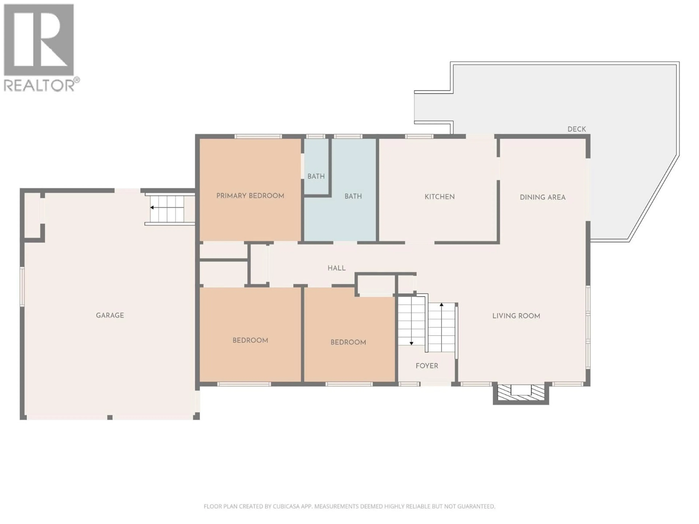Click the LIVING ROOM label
pos(516,316)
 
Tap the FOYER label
pos(427,366)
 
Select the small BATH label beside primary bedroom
pos(316,176)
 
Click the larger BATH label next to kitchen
pos(353,196)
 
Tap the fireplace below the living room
pos(521,393)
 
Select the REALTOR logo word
pos(39,85)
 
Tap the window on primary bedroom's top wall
pos(258,136)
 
